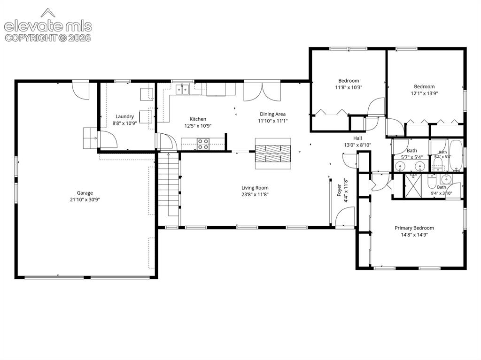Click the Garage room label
click(85, 193)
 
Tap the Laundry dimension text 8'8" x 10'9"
click(124, 123)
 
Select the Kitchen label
click(198, 119)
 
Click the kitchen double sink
click(182, 89)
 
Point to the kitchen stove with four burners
click(203, 144)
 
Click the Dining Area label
click(273, 114)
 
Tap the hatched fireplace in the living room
click(273, 153)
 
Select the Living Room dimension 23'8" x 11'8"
click(255, 194)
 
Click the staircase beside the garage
click(169, 184)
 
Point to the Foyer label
click(339, 190)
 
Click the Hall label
click(357, 138)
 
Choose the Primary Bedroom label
click(414, 228)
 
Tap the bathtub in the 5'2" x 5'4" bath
click(456, 156)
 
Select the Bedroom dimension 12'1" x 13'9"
click(424, 93)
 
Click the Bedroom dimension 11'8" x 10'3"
click(349, 87)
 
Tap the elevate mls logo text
click(48, 26)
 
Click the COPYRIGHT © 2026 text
click(48, 38)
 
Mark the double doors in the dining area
click(262, 92)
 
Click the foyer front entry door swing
click(345, 217)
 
